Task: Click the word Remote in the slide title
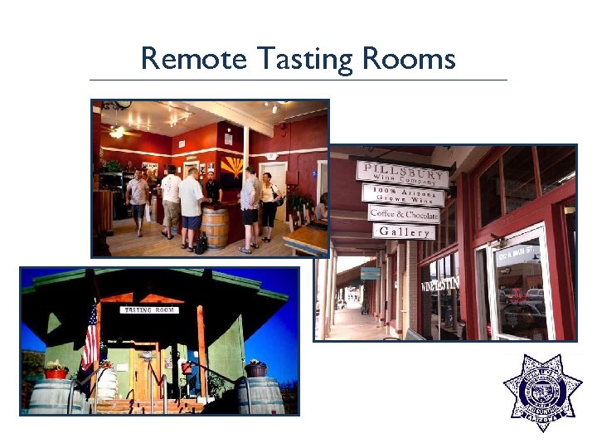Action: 193,59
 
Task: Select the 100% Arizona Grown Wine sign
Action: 402,195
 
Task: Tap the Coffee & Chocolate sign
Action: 404,213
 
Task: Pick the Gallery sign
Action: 403,231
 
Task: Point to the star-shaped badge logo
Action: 543,393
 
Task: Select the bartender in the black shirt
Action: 214,187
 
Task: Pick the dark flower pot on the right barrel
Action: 256,368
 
